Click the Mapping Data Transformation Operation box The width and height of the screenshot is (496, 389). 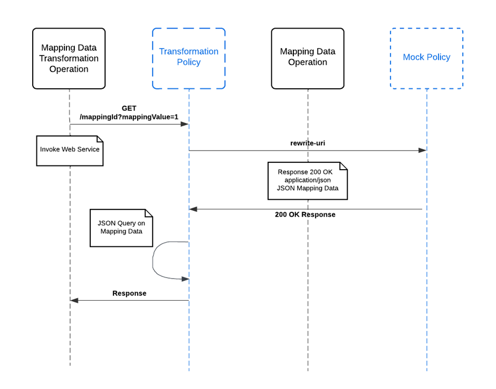coord(69,58)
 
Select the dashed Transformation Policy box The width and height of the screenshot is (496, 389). coord(188,58)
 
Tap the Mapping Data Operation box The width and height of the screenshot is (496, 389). coord(308,58)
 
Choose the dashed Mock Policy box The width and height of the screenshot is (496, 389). coord(426,58)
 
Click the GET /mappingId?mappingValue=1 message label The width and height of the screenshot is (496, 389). coord(129,113)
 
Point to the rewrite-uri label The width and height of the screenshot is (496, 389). coord(308,143)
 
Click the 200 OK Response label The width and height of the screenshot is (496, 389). coord(305,215)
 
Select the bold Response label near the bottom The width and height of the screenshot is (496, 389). coord(129,293)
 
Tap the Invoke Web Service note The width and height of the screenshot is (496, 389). coord(70,150)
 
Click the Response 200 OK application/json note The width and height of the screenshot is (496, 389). coord(308,181)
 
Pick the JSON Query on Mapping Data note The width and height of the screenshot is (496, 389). coord(121,228)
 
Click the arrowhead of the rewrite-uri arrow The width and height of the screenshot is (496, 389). coord(422,151)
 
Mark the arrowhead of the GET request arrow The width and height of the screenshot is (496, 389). coord(185,124)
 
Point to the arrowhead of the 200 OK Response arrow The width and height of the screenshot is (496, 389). coord(193,209)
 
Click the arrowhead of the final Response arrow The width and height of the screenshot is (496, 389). coord(74,300)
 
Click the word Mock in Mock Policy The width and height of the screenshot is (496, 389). coord(414,57)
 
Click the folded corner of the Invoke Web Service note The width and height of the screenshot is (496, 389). coord(100,140)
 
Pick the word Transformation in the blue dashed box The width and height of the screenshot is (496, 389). coord(188,51)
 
